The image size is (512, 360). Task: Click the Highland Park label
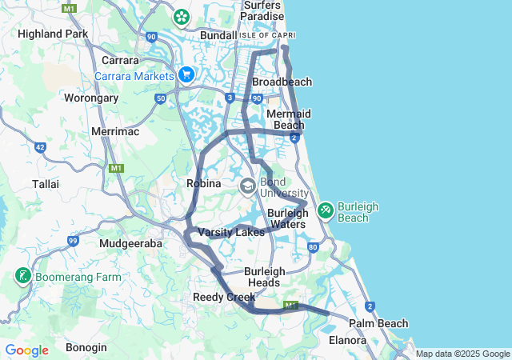point(53,34)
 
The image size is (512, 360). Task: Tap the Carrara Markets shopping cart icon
point(186,75)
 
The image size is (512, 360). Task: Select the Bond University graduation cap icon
point(248,186)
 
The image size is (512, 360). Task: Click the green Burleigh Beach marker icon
point(326,210)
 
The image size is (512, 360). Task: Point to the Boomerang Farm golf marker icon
point(22,278)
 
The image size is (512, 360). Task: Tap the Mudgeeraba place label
point(131,242)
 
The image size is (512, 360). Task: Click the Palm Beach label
point(378,323)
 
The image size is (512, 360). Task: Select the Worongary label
point(91,98)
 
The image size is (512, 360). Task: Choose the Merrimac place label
point(115,130)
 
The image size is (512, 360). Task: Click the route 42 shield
point(40,147)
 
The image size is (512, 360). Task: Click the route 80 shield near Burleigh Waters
point(313,247)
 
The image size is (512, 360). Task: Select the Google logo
point(26,350)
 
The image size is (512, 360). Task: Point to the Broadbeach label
point(282,82)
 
